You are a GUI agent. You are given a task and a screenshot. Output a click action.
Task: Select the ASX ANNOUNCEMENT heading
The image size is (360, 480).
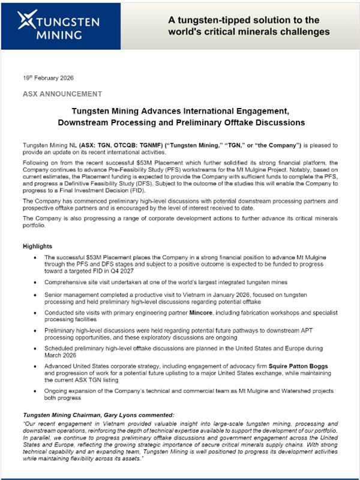[62, 94]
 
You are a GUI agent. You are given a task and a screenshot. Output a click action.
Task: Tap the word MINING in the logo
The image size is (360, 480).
[59, 35]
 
